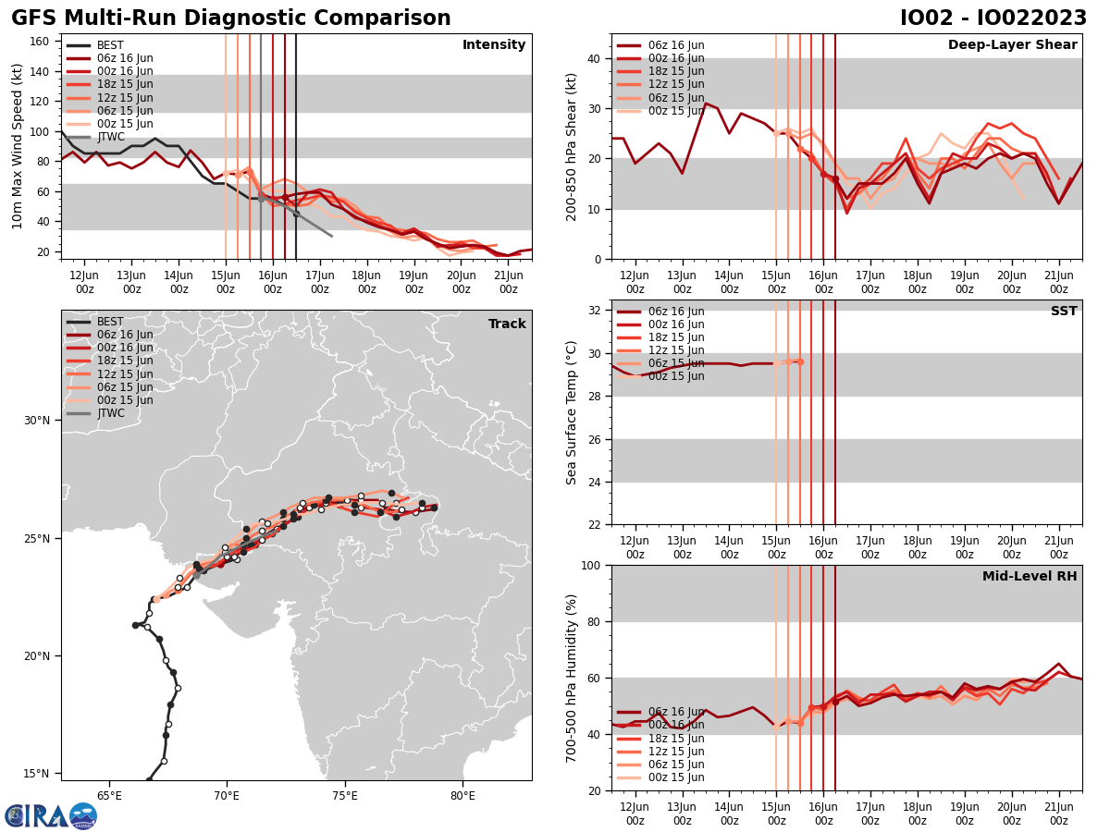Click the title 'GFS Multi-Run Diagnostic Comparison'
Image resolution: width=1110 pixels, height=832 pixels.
(x=231, y=18)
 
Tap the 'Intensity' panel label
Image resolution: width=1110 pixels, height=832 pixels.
(x=494, y=45)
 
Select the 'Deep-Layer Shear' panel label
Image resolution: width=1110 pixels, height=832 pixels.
(x=1012, y=45)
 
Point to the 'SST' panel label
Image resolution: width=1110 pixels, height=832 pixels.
(x=1064, y=312)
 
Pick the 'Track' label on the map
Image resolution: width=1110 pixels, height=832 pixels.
(x=507, y=324)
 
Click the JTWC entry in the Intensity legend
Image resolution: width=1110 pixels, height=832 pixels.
(x=110, y=137)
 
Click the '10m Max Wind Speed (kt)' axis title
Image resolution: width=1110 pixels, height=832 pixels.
(x=18, y=146)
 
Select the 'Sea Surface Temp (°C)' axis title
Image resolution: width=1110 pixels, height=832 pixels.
(x=573, y=412)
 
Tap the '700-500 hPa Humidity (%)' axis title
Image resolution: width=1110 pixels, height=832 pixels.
(x=573, y=679)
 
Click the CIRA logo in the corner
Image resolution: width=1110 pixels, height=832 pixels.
(x=50, y=816)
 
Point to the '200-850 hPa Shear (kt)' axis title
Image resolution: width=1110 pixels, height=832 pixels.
(x=573, y=146)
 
